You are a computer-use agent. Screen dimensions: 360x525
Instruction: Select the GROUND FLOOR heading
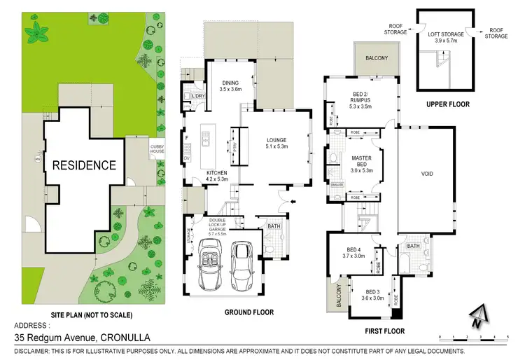249,312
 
